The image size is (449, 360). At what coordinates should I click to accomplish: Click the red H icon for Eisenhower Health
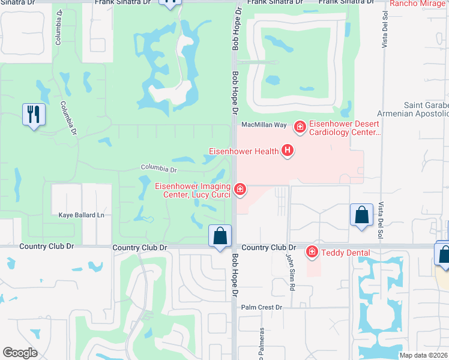coord(288,151)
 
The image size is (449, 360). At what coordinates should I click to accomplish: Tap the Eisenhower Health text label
coord(243,151)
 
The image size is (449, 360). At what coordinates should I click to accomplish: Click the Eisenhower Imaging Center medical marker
coord(240,190)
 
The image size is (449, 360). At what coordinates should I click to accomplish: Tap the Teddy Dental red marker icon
coord(312,252)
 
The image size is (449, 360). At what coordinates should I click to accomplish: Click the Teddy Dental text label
coord(345,253)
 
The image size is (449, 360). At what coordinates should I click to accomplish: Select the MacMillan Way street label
coord(264,125)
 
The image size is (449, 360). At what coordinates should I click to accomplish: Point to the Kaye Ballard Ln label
coord(81,215)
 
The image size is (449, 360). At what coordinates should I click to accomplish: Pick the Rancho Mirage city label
coord(418,4)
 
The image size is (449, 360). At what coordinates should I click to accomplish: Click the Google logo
coord(20,352)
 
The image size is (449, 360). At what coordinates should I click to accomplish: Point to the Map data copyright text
coord(424,355)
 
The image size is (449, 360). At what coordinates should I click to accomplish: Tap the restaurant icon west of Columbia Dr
coord(34,114)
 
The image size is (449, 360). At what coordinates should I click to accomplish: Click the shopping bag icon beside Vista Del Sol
coord(361,215)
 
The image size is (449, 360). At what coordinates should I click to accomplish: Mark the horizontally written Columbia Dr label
coord(159,169)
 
